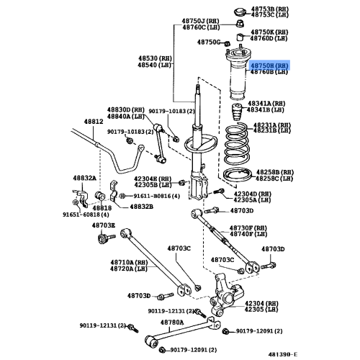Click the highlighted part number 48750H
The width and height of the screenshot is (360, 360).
click(269, 64)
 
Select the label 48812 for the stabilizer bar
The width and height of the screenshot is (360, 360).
click(94, 122)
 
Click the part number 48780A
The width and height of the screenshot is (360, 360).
click(171, 322)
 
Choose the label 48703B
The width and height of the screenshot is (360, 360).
click(103, 225)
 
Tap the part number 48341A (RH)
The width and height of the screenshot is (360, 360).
click(267, 104)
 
